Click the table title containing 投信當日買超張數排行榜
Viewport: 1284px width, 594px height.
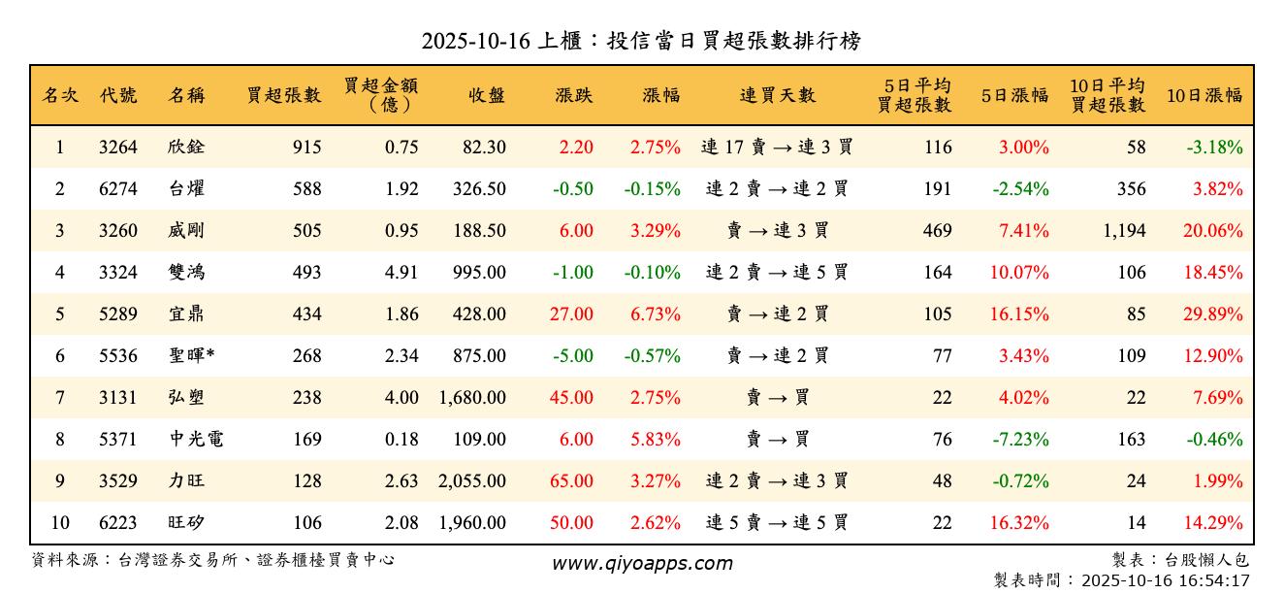pos(641,41)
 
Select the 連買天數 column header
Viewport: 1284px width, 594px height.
pos(777,95)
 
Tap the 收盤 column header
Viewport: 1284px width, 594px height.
pos(486,95)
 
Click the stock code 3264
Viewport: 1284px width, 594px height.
pos(118,148)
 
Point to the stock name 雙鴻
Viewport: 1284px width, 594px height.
pos(186,273)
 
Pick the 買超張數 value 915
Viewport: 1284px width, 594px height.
pos(305,148)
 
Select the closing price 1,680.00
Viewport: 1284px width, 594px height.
pos(472,398)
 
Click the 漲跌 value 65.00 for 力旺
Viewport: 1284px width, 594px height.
pos(571,481)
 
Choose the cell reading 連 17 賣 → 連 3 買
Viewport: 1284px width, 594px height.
pos(777,148)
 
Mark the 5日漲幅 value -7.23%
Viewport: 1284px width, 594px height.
pos(1020,440)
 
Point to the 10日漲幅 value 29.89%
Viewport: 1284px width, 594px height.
pos(1213,314)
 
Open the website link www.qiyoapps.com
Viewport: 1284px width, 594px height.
pos(642,563)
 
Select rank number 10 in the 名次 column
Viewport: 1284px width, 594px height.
pos(60,523)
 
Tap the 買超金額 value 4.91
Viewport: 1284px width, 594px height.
pos(401,273)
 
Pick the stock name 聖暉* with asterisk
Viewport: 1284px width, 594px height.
pos(191,356)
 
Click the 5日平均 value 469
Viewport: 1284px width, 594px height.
pos(937,231)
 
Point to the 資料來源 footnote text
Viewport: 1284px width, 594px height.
pos(213,560)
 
